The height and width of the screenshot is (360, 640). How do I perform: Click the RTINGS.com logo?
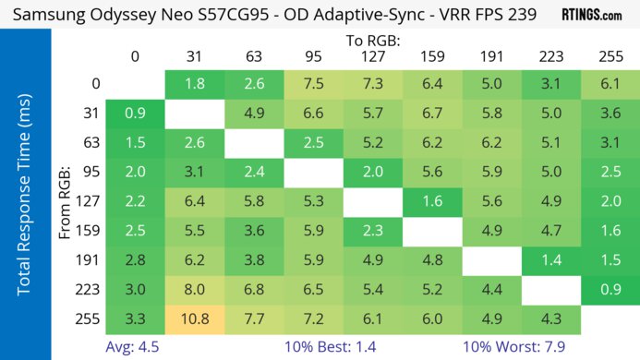click(x=592, y=15)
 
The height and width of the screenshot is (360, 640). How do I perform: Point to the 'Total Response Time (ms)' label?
click(x=25, y=204)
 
